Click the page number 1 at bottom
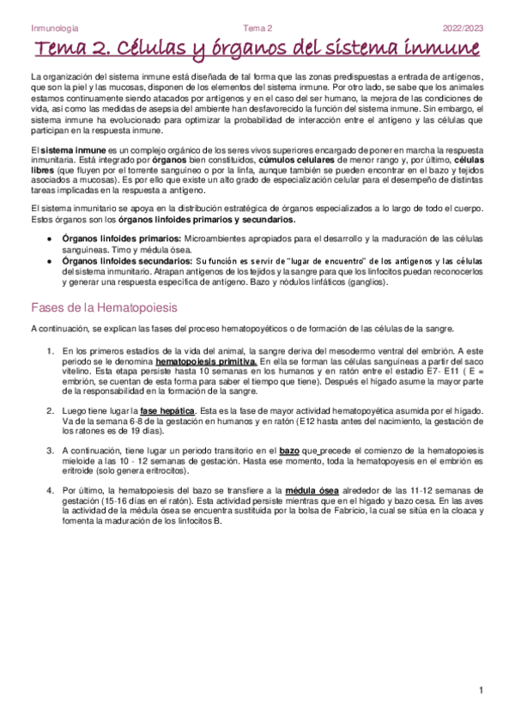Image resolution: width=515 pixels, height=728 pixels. coord(482,691)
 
